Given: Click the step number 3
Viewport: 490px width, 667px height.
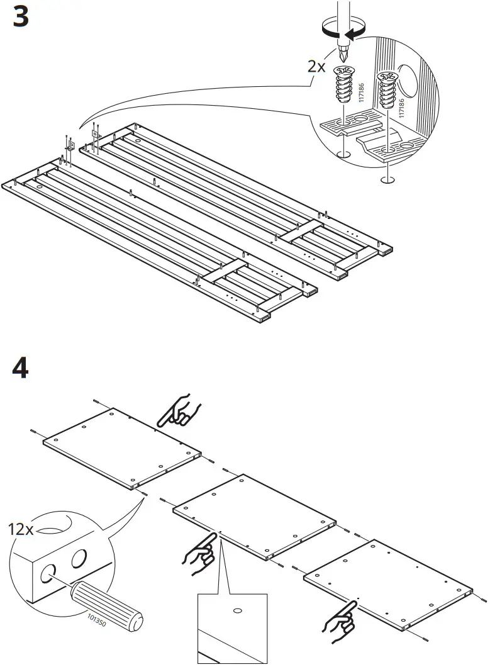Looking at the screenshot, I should tap(20, 17).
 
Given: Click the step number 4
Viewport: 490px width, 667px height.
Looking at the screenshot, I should tap(20, 369).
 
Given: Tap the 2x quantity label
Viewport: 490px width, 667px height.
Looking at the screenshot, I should tap(316, 66).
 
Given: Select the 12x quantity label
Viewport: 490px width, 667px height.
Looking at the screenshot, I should tap(21, 529).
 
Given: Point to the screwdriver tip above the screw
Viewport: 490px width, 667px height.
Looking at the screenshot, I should tap(343, 50).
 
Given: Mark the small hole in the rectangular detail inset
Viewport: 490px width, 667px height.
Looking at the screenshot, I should tap(238, 610).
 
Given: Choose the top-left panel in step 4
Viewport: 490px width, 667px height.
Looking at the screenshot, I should tap(123, 447).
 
